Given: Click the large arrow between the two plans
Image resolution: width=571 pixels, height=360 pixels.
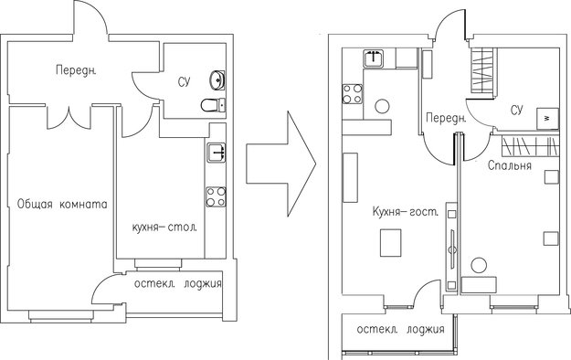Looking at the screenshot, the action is [x=280, y=164].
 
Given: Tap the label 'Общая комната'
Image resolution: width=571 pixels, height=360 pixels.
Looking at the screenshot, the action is [x=62, y=204].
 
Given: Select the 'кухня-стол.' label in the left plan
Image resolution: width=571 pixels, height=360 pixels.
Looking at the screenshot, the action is [x=164, y=228].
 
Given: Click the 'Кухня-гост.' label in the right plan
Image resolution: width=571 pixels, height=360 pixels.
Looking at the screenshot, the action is [x=406, y=212].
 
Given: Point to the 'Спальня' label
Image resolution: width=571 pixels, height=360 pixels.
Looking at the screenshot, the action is [x=510, y=165].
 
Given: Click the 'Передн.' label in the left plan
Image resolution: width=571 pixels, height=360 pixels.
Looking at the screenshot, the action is [x=76, y=70].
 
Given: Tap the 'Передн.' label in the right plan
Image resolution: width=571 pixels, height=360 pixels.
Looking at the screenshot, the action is [x=446, y=118].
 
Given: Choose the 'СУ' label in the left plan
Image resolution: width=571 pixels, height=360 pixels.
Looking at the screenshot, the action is [x=184, y=81].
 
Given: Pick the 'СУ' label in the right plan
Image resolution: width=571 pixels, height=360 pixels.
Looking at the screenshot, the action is [x=517, y=110].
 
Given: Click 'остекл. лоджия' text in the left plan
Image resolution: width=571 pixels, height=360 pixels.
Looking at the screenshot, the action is [x=178, y=284].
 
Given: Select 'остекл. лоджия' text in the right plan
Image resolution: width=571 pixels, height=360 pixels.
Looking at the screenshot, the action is [x=400, y=330].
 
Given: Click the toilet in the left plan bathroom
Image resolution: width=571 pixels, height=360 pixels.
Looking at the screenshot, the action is [x=213, y=105].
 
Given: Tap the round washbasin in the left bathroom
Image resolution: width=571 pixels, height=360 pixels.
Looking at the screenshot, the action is [x=217, y=80].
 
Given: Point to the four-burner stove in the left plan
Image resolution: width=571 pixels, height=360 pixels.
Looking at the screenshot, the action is [x=216, y=196].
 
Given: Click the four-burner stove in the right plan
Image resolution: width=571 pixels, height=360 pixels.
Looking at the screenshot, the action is [x=353, y=94].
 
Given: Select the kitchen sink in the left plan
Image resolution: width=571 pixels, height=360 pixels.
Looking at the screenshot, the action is [x=217, y=153].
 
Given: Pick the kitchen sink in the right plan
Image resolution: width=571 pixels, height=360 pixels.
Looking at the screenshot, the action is [x=374, y=58].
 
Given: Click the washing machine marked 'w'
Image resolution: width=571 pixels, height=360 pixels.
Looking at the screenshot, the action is [x=547, y=119].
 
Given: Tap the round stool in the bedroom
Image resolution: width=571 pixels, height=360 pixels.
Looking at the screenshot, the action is [x=479, y=265].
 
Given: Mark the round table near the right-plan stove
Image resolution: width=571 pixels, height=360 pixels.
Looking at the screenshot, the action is [x=382, y=106].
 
